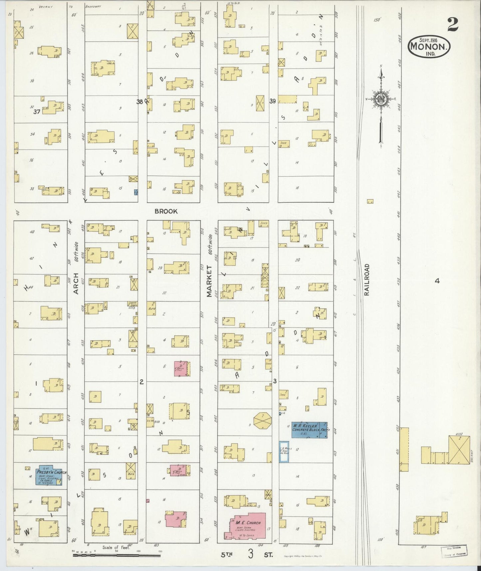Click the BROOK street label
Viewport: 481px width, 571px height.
[x=166, y=211]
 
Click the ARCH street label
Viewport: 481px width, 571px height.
[x=76, y=284]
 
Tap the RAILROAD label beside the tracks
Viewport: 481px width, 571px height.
[x=367, y=280]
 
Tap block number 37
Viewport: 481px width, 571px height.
[x=37, y=112]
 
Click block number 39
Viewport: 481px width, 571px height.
[x=273, y=101]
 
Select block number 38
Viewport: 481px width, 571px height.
[x=140, y=102]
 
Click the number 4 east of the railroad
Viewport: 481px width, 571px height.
[x=437, y=281]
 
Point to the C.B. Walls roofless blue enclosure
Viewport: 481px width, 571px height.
[x=284, y=452]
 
